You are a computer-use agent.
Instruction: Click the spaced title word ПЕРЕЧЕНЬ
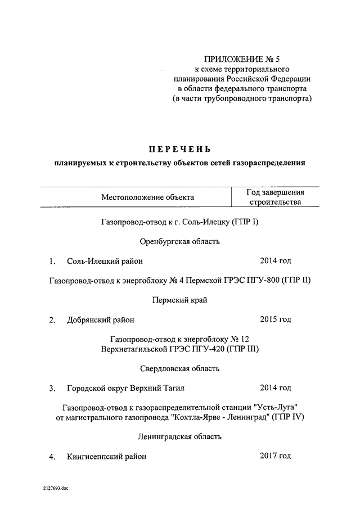point(179,149)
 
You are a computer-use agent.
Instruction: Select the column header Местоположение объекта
point(147,197)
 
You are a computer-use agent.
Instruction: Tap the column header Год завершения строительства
point(276,197)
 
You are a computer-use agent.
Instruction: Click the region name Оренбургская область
point(179,242)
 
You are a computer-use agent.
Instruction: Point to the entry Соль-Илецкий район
point(105,261)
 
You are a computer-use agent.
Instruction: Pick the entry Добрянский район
point(101,320)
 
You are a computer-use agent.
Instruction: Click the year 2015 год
point(275,319)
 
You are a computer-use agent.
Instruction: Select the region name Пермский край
point(179,300)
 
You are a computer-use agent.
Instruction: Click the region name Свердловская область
point(179,369)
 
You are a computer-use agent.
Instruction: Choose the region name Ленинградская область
point(179,436)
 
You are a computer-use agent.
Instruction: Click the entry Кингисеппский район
point(106,457)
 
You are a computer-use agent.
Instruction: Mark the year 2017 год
point(275,456)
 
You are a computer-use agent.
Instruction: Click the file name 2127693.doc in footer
point(53,489)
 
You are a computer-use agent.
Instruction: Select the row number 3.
point(52,388)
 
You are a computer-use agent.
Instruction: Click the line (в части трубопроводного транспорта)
point(242,98)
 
